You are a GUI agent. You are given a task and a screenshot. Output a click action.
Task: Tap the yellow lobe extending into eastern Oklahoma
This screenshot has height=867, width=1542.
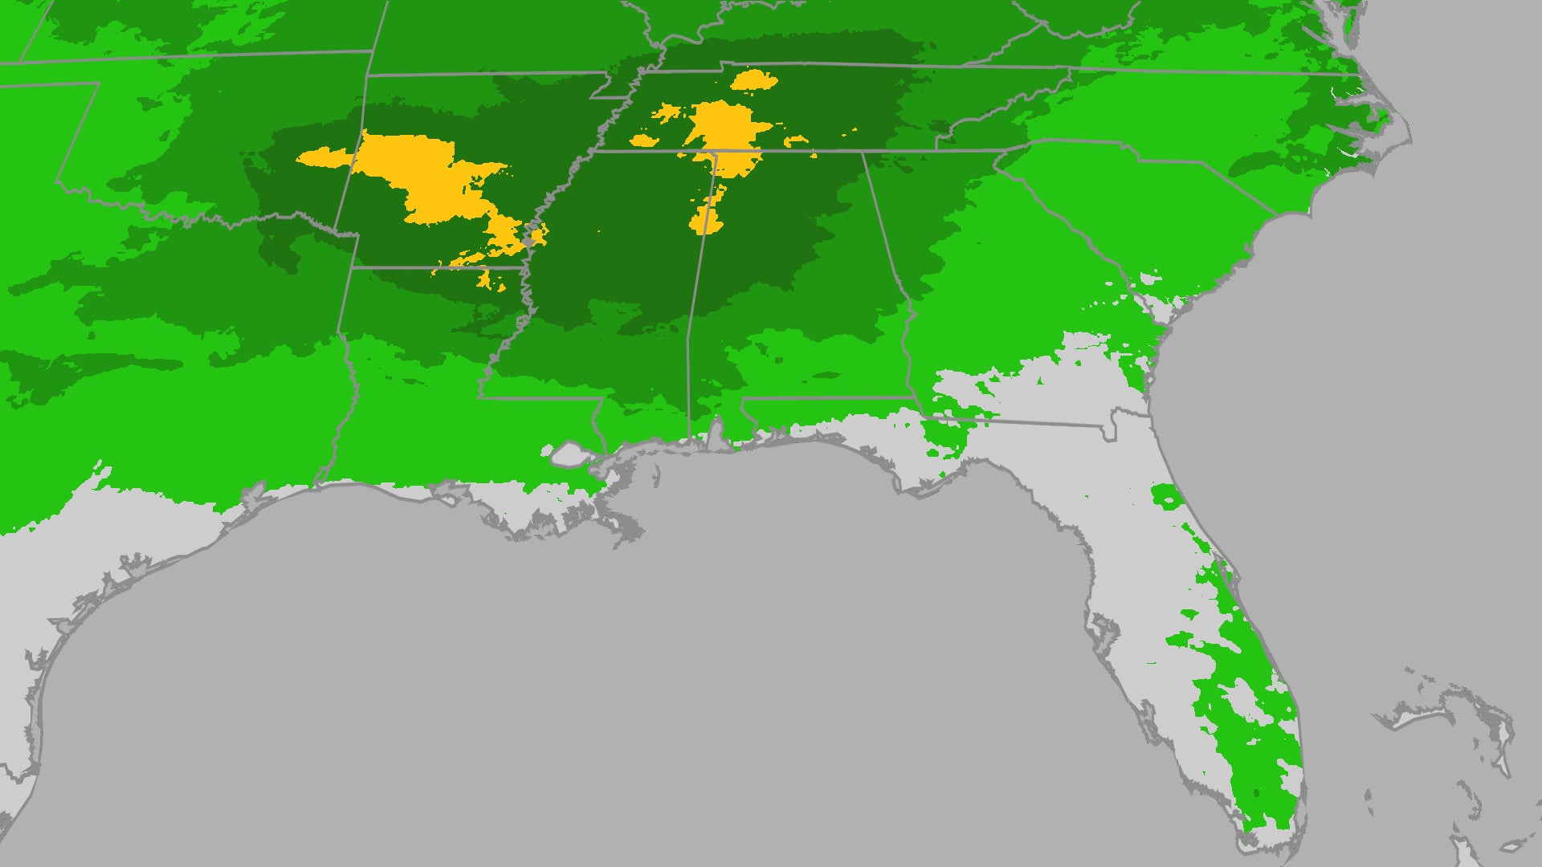[x=321, y=157]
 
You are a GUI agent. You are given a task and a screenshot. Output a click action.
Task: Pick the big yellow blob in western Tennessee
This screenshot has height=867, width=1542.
[x=723, y=124]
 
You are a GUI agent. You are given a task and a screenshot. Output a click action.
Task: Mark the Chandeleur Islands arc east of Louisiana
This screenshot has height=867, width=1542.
[x=656, y=474]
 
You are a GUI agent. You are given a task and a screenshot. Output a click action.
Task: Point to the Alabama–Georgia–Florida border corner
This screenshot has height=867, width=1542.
[x=916, y=399]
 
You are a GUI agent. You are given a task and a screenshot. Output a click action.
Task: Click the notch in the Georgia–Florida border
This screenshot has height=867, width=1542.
[x=1110, y=425]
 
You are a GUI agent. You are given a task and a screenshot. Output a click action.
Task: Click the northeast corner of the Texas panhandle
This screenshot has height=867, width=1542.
[x=100, y=83]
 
